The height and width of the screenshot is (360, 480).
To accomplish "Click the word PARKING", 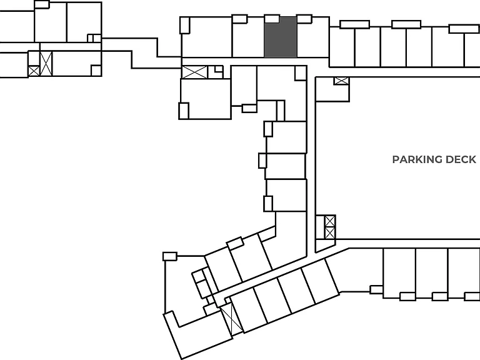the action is (x=417, y=159).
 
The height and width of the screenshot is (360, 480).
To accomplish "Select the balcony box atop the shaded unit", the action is (x=272, y=19).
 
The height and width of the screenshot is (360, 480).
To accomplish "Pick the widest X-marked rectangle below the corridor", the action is (x=195, y=72).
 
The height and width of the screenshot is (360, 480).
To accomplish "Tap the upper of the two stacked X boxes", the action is (x=330, y=221).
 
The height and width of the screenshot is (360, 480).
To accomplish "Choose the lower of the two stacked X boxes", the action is (x=330, y=233).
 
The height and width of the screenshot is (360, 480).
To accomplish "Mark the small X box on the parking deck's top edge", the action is (x=341, y=81).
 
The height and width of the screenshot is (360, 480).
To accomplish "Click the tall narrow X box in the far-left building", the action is (x=46, y=64).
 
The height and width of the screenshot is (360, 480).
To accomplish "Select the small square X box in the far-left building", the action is (x=34, y=71).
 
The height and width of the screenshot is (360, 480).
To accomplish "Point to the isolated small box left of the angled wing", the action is (x=170, y=256).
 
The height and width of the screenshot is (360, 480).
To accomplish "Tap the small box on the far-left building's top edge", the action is (x=42, y=4).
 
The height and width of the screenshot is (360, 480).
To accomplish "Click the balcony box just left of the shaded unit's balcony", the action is (x=240, y=19).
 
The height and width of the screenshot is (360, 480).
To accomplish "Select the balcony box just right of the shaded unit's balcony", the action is (x=304, y=19).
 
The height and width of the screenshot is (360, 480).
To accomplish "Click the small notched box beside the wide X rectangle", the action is (x=216, y=72).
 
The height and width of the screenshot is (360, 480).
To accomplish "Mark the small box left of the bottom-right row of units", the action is (x=376, y=289).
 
